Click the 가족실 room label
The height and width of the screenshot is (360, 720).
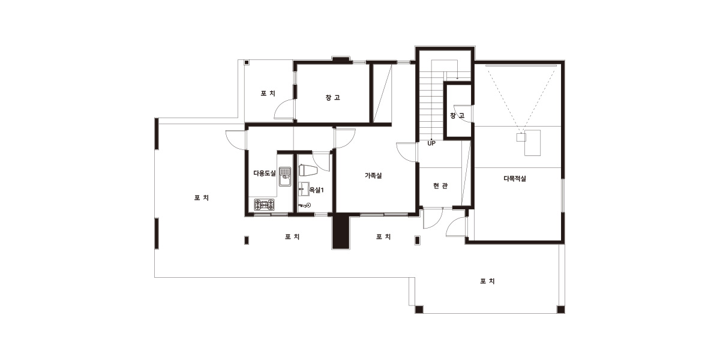pos(373,175)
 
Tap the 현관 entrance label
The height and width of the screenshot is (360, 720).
pos(440,186)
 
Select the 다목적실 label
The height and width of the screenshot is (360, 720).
pos(515,179)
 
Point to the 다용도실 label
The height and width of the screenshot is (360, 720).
pos(265,173)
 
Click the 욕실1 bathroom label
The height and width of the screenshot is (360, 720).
pos(317,190)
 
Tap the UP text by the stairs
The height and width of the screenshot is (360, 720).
pos(431,143)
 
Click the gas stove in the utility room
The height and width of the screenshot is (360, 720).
pos(265,205)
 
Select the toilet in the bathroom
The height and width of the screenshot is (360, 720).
pos(308,170)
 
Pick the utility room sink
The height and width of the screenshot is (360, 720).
pos(285,176)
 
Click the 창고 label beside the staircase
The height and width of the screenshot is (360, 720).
pos(457,115)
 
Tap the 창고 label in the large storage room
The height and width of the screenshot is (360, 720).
pos(332,97)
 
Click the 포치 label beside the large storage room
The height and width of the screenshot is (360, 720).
pos(268,94)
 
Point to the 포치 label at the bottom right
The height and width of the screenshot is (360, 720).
pos(487,281)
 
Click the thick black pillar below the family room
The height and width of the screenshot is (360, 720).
pos(341,231)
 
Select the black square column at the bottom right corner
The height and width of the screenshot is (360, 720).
pos(560,310)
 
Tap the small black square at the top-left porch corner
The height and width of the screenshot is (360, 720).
pos(247,62)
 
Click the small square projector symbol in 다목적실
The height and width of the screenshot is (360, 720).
pos(521,137)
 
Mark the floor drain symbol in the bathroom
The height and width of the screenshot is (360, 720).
pos(308,205)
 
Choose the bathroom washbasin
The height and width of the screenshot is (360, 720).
pos(304,189)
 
